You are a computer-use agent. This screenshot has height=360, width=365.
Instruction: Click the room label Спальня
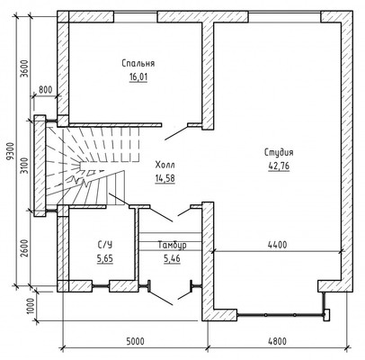(138, 64)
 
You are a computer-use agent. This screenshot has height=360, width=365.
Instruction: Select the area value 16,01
(138, 77)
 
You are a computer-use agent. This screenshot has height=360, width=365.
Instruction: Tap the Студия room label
(279, 152)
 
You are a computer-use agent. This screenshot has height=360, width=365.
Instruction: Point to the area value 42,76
(279, 166)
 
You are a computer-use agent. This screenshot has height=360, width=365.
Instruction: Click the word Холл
(165, 165)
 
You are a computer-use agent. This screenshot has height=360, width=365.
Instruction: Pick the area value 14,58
(165, 178)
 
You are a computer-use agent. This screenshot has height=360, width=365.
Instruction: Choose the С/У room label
(105, 245)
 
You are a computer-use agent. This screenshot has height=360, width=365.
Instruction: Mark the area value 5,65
(105, 258)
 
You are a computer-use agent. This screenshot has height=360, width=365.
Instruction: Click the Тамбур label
(173, 245)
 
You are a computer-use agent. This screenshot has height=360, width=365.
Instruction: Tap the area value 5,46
(172, 258)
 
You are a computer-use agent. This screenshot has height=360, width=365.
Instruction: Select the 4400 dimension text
(277, 245)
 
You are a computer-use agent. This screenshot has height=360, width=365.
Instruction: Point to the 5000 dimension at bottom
(135, 341)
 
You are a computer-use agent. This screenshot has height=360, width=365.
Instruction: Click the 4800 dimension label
(277, 341)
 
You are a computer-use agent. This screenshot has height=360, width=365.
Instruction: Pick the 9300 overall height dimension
(11, 152)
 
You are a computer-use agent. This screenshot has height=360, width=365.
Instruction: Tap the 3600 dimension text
(25, 69)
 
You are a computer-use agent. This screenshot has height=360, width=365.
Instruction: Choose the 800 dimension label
(46, 90)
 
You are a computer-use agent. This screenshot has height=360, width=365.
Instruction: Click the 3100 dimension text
(25, 166)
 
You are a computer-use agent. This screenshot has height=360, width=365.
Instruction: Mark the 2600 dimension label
(25, 248)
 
